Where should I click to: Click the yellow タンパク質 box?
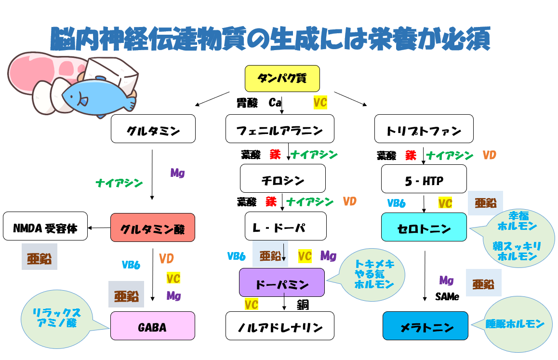pyautogui.click(x=282, y=79)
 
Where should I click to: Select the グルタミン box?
pyautogui.click(x=153, y=129)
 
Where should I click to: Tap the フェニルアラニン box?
pyautogui.click(x=279, y=129)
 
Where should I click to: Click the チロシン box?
pyautogui.click(x=283, y=179)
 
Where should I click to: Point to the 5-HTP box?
pyautogui.click(x=424, y=179)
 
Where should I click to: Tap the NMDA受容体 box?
pyautogui.click(x=45, y=226)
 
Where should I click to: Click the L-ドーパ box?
pyautogui.click(x=285, y=227)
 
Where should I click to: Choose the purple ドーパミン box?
pyautogui.click(x=282, y=282)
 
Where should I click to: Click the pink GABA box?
pyautogui.click(x=153, y=326)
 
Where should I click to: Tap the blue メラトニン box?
pyautogui.click(x=425, y=326)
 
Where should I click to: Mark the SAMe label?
pyautogui.click(x=447, y=297)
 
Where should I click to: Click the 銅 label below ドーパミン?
pyautogui.click(x=303, y=305)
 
